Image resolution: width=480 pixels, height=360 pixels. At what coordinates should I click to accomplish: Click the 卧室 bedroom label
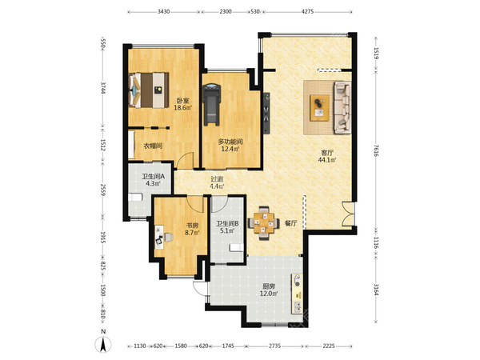(182, 100)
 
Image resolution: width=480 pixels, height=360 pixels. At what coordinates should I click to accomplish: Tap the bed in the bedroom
(149, 90)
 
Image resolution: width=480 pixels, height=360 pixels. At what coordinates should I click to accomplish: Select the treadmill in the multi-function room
(212, 105)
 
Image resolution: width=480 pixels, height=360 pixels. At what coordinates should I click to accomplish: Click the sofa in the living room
(342, 107)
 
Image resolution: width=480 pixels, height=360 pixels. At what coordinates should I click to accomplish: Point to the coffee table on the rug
(319, 108)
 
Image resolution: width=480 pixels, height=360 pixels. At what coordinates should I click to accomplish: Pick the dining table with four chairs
(263, 223)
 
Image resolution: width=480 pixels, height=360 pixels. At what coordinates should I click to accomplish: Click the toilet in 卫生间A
(135, 197)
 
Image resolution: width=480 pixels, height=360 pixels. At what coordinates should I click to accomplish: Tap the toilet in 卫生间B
(237, 247)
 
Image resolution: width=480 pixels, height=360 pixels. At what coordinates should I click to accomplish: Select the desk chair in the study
(168, 238)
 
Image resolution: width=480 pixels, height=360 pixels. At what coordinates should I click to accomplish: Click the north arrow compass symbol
(103, 344)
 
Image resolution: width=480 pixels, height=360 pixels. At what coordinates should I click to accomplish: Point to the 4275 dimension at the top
(308, 12)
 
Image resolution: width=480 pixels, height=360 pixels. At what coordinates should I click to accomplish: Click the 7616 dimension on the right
(376, 150)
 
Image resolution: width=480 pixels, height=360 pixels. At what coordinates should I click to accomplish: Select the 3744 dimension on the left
(103, 88)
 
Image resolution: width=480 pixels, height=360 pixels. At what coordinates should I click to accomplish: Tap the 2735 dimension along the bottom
(274, 346)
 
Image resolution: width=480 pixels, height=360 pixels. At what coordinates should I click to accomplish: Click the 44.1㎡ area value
(327, 160)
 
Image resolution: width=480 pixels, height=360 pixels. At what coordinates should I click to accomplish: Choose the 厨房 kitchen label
(269, 287)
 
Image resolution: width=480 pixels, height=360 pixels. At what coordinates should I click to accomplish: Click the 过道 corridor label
(217, 179)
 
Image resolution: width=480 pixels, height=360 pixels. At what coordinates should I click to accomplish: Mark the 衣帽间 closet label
(153, 146)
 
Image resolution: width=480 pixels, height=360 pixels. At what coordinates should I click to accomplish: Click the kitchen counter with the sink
(297, 293)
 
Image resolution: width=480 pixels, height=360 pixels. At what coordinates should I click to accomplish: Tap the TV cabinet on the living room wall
(266, 113)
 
